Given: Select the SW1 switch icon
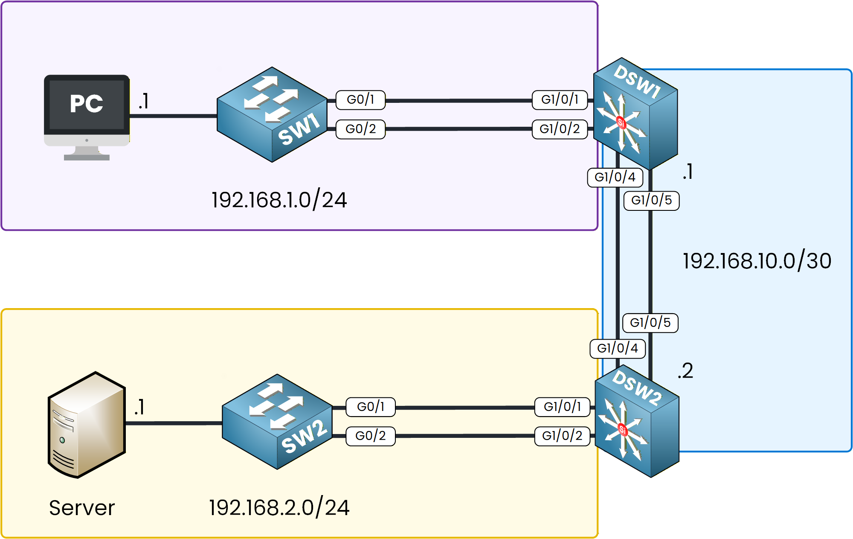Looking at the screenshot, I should (x=272, y=114).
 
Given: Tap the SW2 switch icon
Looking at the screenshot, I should (x=277, y=422).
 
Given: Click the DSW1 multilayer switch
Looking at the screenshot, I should (x=635, y=114).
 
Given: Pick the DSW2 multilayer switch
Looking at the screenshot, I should (x=637, y=422).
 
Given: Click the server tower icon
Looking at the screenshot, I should (x=87, y=425).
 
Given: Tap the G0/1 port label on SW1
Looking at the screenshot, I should (x=360, y=99).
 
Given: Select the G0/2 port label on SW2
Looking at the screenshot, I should (x=370, y=436).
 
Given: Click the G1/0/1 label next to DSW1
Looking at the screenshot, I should (x=560, y=99).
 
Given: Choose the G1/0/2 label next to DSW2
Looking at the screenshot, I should (x=562, y=436).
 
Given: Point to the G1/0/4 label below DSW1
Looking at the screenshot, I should (x=615, y=177).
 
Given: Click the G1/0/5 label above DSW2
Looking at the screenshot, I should (x=650, y=323).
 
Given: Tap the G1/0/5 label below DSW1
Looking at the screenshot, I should (x=651, y=200).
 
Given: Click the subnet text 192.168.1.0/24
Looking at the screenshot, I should (x=279, y=200).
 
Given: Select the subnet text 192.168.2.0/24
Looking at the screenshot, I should (x=279, y=507).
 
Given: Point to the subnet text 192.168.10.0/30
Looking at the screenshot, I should (x=757, y=261).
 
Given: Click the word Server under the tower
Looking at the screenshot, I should (x=82, y=508).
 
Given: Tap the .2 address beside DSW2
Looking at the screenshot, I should (x=685, y=370).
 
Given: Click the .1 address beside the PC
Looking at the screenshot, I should (x=144, y=102).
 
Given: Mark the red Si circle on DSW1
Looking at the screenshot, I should (x=621, y=123).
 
